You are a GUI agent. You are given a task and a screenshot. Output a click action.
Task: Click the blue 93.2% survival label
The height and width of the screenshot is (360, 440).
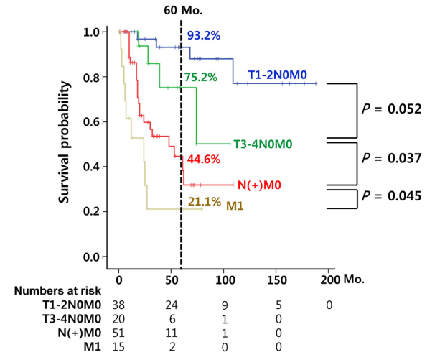(x=205, y=34)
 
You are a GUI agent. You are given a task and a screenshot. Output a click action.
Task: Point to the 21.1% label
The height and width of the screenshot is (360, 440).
(x=204, y=202)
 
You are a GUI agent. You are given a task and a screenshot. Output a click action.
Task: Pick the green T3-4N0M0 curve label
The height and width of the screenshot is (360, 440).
(x=263, y=144)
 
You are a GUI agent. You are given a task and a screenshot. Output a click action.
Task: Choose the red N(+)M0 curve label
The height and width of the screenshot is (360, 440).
(x=258, y=185)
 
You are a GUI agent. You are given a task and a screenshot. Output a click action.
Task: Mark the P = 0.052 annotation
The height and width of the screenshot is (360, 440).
(x=393, y=110)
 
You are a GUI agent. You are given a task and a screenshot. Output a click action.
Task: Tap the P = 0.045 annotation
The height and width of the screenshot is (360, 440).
(x=393, y=195)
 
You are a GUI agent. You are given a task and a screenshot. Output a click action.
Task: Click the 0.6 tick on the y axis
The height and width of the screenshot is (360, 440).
(x=91, y=122)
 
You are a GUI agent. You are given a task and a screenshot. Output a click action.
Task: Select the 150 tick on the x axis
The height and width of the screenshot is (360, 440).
(x=276, y=277)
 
